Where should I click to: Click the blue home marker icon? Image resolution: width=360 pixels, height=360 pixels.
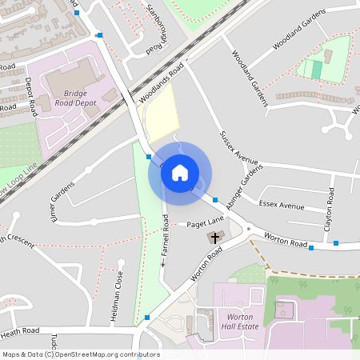(180, 172)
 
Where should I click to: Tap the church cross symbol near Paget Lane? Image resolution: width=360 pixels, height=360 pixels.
(214, 238)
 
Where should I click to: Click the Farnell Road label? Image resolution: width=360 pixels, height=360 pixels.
(166, 240)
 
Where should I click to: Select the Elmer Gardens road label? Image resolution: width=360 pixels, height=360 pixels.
(62, 203)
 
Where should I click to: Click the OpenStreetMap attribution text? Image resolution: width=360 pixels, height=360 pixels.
(80, 354)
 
